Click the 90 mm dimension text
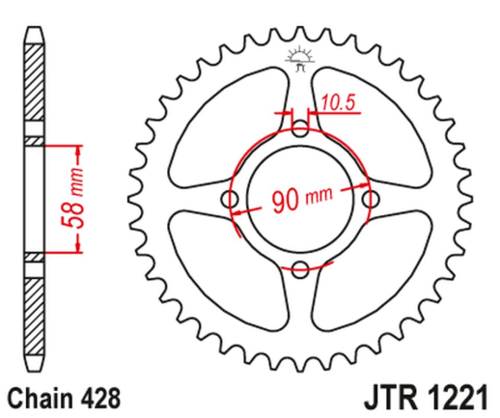(x=301, y=201)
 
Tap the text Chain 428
(x=55, y=397)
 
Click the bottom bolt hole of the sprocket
(x=299, y=267)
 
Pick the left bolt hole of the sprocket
(x=230, y=199)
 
